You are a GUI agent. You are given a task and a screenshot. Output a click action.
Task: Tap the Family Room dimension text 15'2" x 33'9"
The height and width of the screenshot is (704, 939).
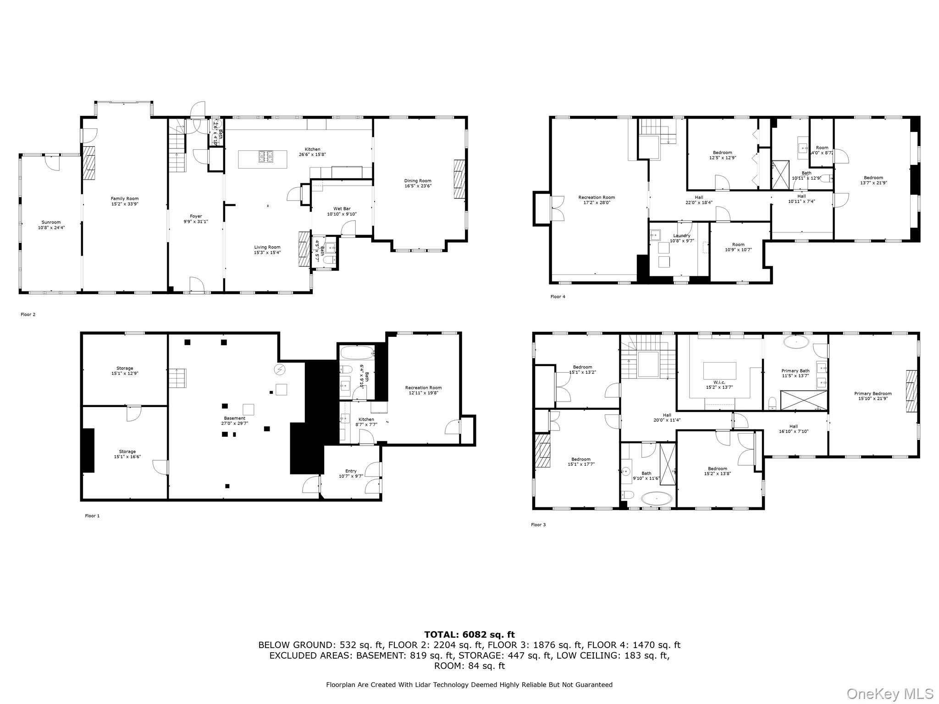(125, 204)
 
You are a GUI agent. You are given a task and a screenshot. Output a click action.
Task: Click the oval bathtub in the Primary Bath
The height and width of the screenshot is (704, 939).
(796, 342)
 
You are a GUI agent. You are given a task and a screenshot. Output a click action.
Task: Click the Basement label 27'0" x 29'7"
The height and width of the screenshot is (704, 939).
(235, 421)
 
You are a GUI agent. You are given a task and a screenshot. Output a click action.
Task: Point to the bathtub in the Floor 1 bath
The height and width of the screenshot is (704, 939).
(357, 353)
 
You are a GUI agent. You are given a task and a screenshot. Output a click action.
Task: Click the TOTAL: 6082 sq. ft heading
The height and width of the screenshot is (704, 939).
(469, 634)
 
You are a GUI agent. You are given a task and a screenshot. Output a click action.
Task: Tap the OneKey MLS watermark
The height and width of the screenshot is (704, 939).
(890, 693)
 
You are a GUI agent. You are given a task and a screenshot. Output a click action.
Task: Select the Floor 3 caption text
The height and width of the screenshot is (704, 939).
(538, 525)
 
